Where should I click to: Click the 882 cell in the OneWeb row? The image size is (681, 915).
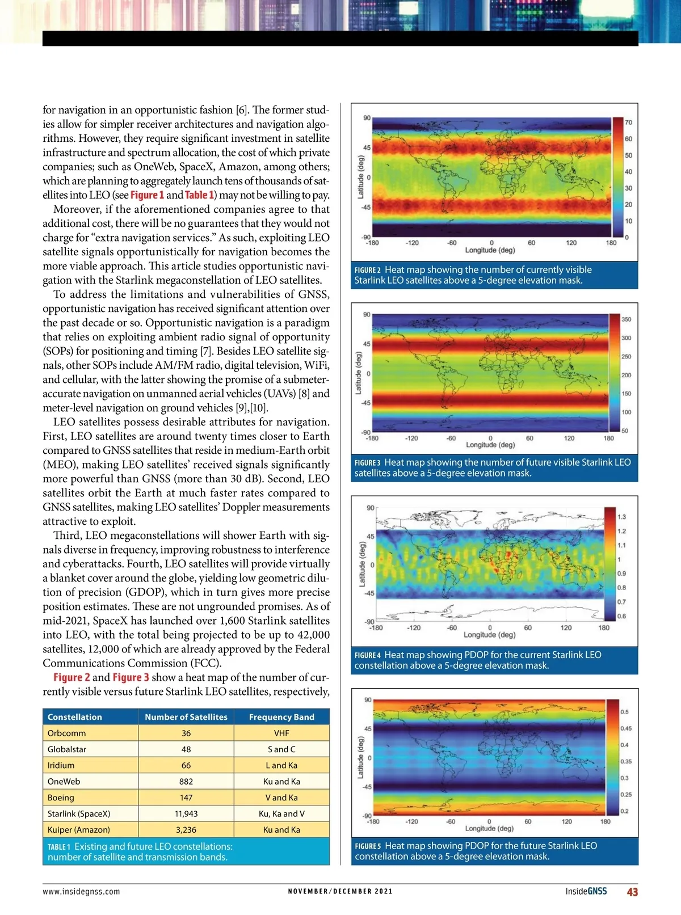point(186,781)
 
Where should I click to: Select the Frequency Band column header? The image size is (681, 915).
point(281,717)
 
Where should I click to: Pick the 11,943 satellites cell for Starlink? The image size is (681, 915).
point(186,813)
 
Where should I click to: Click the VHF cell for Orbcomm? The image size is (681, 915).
point(281,733)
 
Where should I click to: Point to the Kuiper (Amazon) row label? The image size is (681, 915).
point(78,829)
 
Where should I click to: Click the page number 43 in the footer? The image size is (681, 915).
point(632,892)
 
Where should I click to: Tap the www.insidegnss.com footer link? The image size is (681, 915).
point(81,891)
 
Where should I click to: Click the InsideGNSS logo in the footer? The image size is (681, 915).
point(586,891)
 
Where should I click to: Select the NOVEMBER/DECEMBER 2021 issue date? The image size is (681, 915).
point(340,891)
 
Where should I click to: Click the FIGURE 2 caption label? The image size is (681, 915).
point(368,271)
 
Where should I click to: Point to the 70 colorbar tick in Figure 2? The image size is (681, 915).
point(628,123)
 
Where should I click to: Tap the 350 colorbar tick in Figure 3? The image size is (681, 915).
point(627,319)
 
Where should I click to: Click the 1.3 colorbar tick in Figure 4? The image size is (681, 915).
point(621,517)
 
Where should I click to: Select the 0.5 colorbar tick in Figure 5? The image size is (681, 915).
point(624,712)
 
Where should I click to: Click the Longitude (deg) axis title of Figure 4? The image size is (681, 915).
point(489,635)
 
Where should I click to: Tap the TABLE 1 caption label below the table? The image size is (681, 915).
point(60,847)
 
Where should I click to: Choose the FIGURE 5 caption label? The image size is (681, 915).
point(368,846)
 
